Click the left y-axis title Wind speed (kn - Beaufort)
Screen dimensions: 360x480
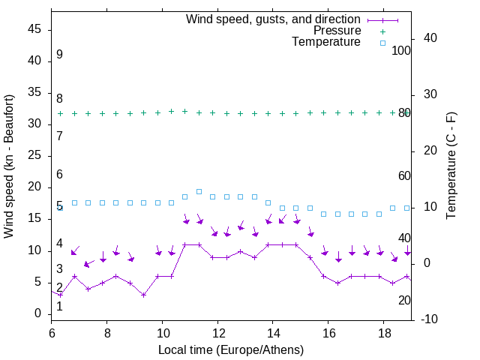[x=9, y=166]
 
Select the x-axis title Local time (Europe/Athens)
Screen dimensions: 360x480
[x=230, y=350]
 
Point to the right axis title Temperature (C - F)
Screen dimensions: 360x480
[x=451, y=166]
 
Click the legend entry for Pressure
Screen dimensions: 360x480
[x=337, y=31]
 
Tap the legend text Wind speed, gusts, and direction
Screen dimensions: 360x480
[x=274, y=19]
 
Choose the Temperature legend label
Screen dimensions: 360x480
[x=326, y=42]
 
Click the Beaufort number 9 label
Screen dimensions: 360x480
[x=59, y=55]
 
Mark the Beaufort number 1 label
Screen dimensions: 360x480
[x=59, y=306]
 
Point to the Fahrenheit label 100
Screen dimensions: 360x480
[x=402, y=50]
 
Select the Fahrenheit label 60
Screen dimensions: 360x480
[x=404, y=175]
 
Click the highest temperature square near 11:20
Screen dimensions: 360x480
[x=199, y=191]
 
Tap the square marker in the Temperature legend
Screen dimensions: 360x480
[x=382, y=43]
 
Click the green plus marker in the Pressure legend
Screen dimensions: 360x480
[x=382, y=31]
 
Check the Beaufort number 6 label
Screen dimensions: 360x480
[x=59, y=174]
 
